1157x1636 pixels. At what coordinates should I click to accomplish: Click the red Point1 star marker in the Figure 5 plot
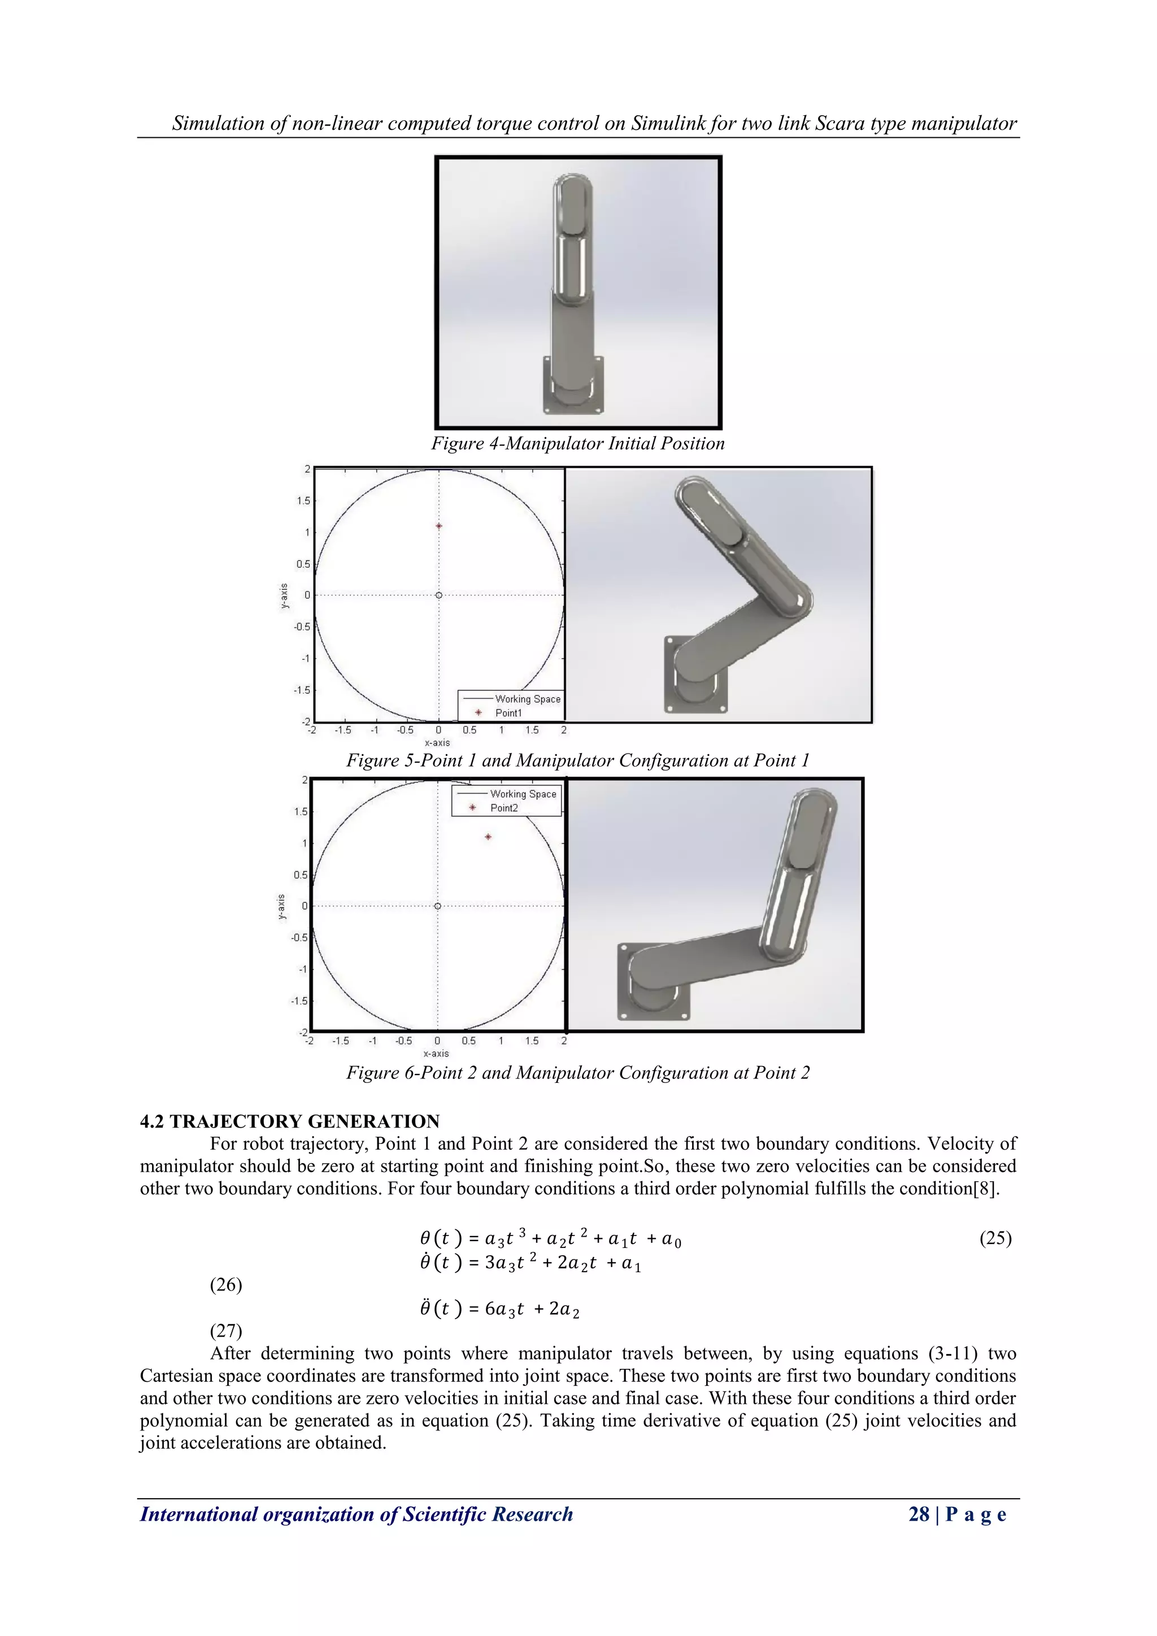[x=439, y=526]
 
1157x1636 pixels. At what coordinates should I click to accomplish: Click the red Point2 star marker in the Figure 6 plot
[x=488, y=837]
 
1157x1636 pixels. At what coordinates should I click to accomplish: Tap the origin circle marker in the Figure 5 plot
[x=439, y=595]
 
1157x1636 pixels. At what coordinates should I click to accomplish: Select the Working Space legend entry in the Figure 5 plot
[x=527, y=699]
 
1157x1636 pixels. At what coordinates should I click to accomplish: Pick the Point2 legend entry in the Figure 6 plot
[x=504, y=808]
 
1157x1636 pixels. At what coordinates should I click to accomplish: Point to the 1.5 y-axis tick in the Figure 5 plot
[x=303, y=501]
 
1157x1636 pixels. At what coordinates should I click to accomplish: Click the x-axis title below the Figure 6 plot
[x=436, y=1053]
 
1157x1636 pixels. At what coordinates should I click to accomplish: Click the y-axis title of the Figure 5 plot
[x=284, y=595]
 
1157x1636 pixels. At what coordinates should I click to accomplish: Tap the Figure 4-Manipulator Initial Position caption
[x=578, y=443]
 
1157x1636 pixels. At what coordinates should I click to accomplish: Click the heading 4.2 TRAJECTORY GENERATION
[x=290, y=1121]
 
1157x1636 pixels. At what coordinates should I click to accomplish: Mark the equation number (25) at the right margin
[x=995, y=1238]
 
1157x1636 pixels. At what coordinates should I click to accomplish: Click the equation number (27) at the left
[x=226, y=1330]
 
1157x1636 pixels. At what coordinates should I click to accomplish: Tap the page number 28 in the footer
[x=919, y=1514]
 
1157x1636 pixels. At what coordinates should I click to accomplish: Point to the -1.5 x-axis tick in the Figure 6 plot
[x=341, y=1041]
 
